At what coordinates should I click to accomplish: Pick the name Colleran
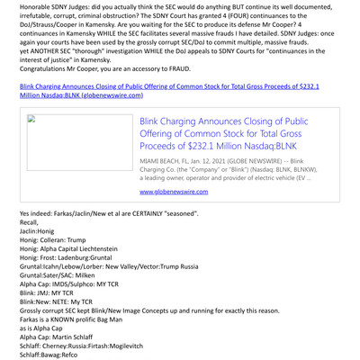pyautogui.click(x=56, y=240)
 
